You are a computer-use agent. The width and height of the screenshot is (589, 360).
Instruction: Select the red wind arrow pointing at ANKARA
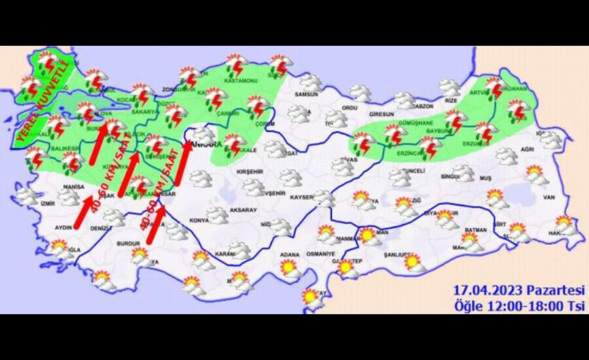click(x=185, y=157)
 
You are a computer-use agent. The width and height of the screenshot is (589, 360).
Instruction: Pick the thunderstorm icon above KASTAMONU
click(x=236, y=65)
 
